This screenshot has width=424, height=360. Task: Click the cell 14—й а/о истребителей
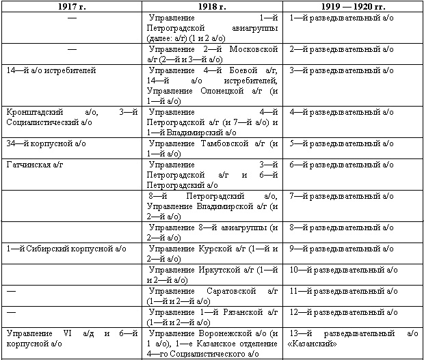tap(50, 70)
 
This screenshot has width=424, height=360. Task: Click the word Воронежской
tap(225, 333)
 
